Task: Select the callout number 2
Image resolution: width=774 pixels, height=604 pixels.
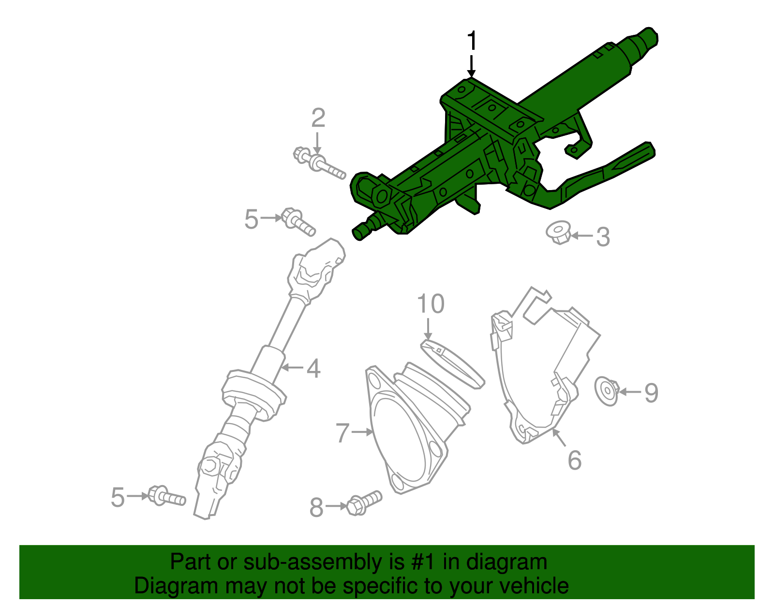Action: click(318, 118)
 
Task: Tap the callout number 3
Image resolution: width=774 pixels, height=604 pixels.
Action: click(603, 237)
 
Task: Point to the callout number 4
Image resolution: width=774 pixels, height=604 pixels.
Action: click(313, 368)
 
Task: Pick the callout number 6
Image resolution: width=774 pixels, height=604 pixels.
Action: click(574, 460)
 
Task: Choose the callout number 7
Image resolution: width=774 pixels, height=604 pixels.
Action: click(342, 433)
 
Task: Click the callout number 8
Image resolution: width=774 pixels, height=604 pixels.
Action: click(316, 508)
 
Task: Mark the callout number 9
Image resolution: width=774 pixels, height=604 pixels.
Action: click(651, 392)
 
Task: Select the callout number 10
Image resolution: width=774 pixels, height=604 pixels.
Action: click(430, 304)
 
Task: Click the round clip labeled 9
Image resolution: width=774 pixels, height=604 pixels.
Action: click(607, 391)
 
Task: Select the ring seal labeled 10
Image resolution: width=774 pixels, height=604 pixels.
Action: click(452, 363)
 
